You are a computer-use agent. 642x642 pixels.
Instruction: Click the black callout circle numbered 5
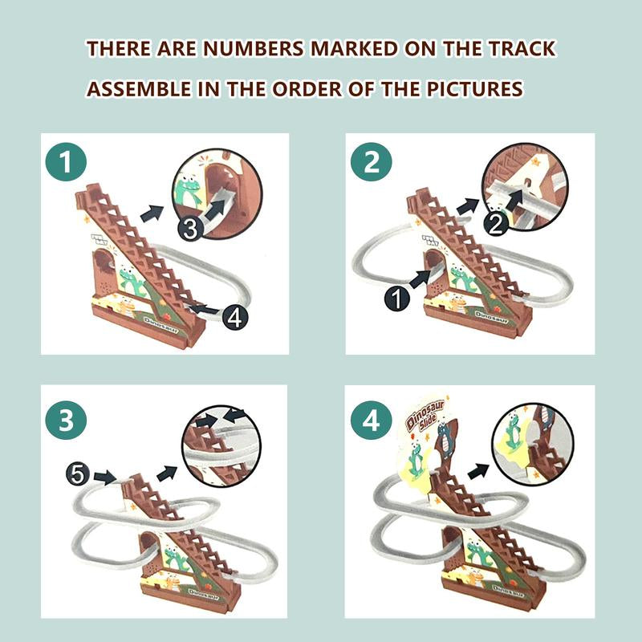pyautogui.click(x=77, y=475)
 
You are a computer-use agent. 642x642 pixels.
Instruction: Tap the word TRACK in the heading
pyautogui.click(x=519, y=48)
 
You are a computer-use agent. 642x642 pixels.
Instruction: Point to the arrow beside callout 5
pyautogui.click(x=106, y=477)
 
